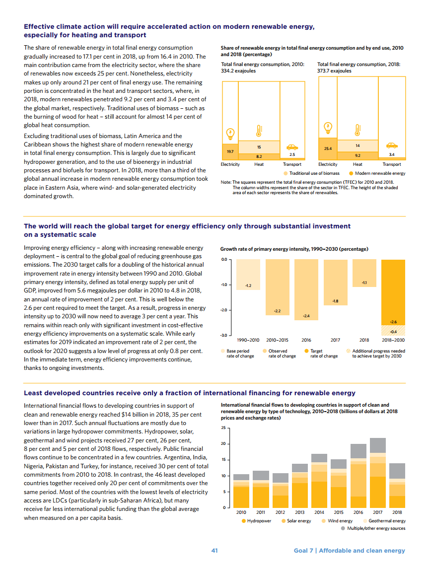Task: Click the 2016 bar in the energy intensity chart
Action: pyautogui.click(x=306, y=289)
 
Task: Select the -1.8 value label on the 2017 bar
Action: pyautogui.click(x=335, y=301)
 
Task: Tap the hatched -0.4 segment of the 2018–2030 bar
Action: pyautogui.click(x=393, y=330)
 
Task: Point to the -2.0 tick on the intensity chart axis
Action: pyautogui.click(x=224, y=310)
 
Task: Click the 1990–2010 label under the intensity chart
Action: pyautogui.click(x=248, y=340)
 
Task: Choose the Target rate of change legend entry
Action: pyautogui.click(x=321, y=354)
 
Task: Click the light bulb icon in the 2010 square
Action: pyautogui.click(x=230, y=134)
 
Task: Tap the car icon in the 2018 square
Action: pyautogui.click(x=392, y=145)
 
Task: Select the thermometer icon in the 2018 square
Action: pyautogui.click(x=357, y=130)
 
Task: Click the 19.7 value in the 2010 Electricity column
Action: pyautogui.click(x=230, y=151)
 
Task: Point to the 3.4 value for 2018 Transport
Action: pyautogui.click(x=392, y=155)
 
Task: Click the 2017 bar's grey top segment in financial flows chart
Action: pyautogui.click(x=377, y=445)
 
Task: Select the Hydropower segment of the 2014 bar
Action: pyautogui.click(x=319, y=495)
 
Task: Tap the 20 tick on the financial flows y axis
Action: pyautogui.click(x=223, y=443)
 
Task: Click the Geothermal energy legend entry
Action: pyautogui.click(x=384, y=521)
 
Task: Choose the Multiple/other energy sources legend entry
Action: pyautogui.click(x=373, y=528)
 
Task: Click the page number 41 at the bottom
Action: pyautogui.click(x=214, y=551)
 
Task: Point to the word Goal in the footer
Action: pyautogui.click(x=301, y=551)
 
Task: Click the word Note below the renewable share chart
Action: pyautogui.click(x=225, y=182)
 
